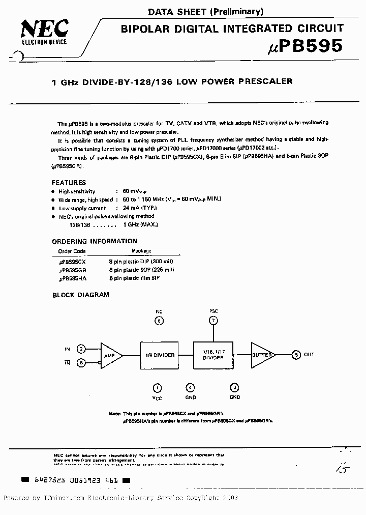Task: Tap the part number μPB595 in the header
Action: coord(305,46)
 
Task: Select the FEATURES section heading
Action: coord(69,183)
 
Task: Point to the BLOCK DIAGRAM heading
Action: coord(81,295)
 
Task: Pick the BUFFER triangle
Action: coord(263,355)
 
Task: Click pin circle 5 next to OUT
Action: coord(296,355)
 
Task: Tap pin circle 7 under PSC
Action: coord(213,321)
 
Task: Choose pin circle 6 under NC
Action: coord(159,321)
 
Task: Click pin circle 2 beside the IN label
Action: coord(81,349)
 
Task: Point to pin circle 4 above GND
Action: coord(190,388)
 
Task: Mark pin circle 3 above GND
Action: coord(234,388)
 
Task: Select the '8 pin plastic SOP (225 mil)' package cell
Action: coord(141,270)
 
